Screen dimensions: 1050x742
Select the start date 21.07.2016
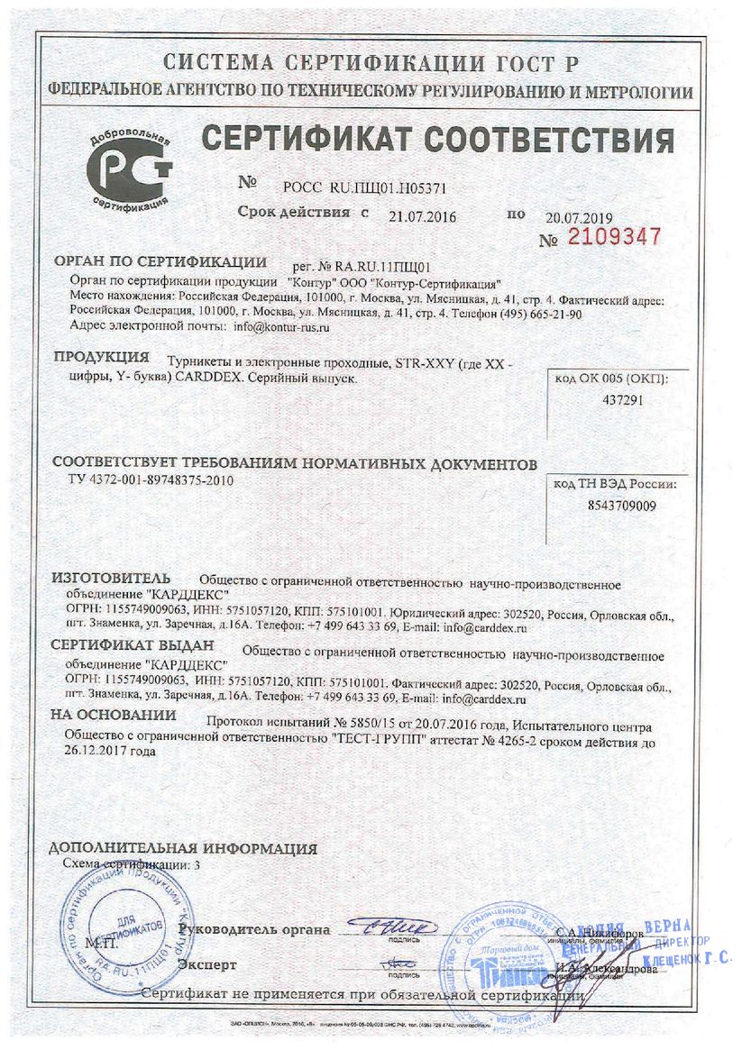(x=423, y=216)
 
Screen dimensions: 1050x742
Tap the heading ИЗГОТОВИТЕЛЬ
(x=110, y=576)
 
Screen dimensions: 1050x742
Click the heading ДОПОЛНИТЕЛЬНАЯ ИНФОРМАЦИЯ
(x=183, y=848)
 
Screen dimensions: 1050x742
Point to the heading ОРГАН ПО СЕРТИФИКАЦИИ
(x=160, y=262)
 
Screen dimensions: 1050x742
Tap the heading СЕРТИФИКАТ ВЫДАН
(x=132, y=644)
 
